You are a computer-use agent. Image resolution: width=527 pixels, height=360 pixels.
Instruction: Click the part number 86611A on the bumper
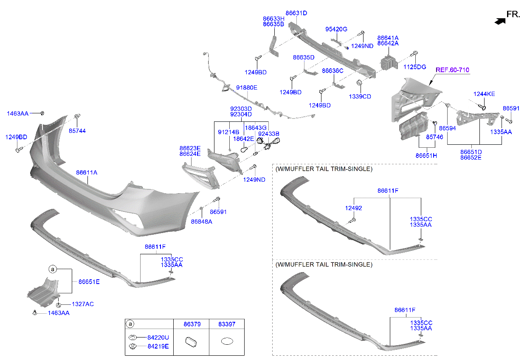[87, 173]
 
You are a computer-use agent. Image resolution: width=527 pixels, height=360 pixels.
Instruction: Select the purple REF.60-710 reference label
[452, 70]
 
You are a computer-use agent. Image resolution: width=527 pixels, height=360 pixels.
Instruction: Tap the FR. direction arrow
[501, 19]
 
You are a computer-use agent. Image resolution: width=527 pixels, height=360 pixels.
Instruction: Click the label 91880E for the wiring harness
[247, 88]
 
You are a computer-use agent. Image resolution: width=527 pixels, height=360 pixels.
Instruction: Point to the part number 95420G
[336, 29]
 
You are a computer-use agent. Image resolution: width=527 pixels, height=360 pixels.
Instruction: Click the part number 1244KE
[484, 94]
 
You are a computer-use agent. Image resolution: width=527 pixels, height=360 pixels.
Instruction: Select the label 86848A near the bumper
[201, 222]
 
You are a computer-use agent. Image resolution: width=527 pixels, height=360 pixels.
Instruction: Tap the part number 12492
[353, 208]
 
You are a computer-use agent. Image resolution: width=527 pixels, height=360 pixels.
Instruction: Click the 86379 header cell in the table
[192, 324]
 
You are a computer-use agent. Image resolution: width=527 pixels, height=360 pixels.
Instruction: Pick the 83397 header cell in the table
[226, 324]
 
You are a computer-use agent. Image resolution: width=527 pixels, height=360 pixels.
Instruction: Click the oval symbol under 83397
[227, 341]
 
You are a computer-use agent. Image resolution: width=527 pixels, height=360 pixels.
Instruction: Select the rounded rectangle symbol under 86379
[192, 341]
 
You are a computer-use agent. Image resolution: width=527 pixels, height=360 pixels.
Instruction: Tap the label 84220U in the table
[158, 337]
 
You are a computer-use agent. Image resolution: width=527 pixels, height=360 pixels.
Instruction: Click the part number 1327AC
[83, 304]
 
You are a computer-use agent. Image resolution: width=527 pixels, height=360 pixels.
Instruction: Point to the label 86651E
[89, 281]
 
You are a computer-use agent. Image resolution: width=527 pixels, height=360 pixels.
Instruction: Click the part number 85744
[77, 131]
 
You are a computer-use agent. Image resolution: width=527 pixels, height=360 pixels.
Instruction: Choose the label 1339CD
[360, 96]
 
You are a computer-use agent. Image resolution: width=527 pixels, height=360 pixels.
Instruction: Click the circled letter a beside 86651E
[53, 269]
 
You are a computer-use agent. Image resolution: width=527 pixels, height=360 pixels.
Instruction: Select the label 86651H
[426, 156]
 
